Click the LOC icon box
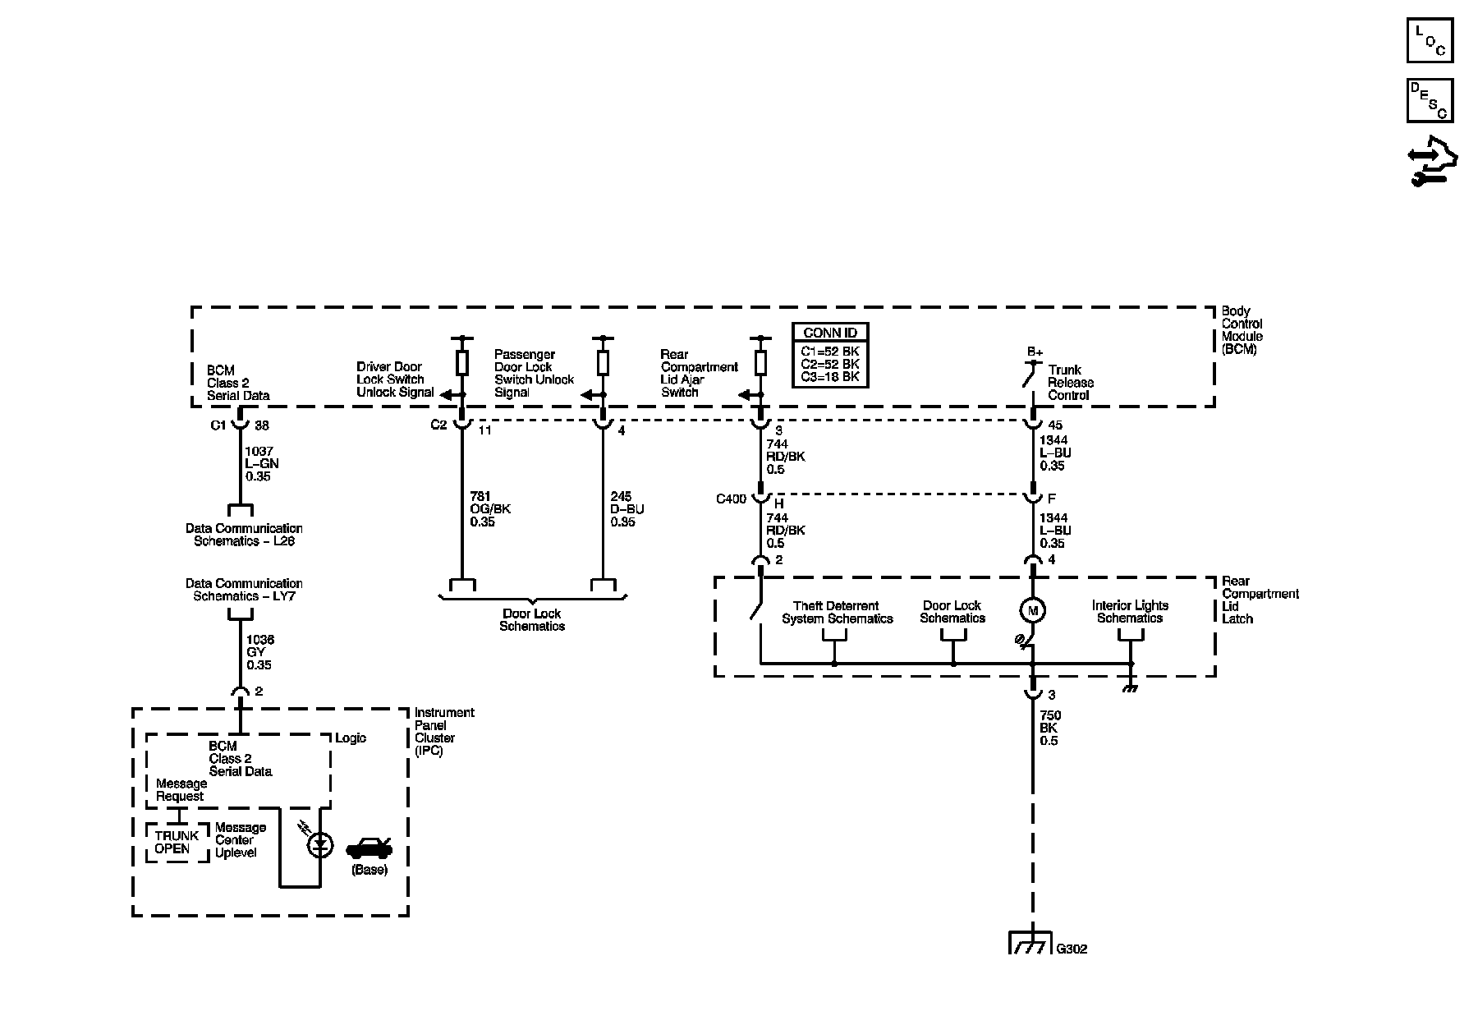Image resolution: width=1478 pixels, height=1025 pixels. coord(1430,40)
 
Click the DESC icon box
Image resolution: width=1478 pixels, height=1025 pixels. coord(1430,100)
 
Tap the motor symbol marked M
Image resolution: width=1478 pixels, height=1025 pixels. coord(1032,610)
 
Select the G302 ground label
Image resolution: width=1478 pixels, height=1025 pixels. coord(1072,949)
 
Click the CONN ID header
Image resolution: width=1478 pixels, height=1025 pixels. coord(830,333)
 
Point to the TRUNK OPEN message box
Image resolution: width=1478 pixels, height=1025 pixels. coord(177,843)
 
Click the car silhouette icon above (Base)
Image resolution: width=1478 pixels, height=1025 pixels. coord(369,848)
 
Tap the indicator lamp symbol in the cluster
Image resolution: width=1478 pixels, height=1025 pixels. coord(320,843)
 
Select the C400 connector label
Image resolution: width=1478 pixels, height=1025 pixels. coord(732,499)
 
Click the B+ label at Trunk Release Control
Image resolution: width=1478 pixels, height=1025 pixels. coord(1035,352)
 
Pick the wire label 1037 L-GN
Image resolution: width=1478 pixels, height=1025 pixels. coord(262,463)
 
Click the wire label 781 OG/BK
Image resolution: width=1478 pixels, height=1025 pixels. coord(489,508)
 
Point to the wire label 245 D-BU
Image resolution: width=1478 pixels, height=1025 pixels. coord(627,508)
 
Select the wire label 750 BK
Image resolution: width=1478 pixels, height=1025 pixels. coord(1049,728)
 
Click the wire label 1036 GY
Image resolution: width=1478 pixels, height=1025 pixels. coord(259,652)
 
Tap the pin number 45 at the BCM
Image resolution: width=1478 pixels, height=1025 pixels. coord(1055,425)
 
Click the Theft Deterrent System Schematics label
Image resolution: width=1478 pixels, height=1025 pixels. coord(837,613)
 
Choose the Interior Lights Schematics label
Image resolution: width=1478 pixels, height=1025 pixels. coord(1130,612)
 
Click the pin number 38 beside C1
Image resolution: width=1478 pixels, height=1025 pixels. coord(262,425)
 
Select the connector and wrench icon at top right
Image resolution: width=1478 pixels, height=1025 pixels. coord(1430,160)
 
